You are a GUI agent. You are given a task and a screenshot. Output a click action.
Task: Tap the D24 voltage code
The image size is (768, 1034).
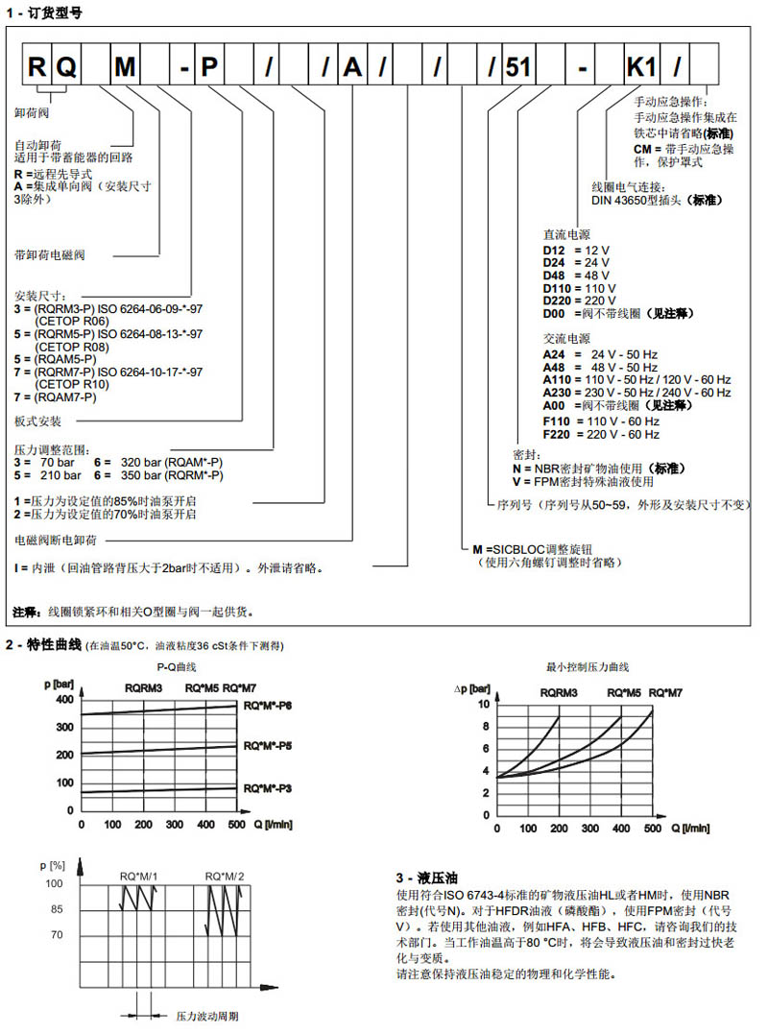[x=555, y=262]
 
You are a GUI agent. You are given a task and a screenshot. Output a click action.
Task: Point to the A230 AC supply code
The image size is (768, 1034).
[x=559, y=392]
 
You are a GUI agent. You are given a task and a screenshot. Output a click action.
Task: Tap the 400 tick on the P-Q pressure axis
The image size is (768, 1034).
[x=63, y=699]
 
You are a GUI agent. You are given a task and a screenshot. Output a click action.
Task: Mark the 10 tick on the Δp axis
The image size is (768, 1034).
[x=484, y=704]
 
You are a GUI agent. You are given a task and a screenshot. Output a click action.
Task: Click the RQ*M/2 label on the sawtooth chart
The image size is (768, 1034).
[x=225, y=876]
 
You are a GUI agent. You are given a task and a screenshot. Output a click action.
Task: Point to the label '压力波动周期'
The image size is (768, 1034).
[x=206, y=1015]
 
